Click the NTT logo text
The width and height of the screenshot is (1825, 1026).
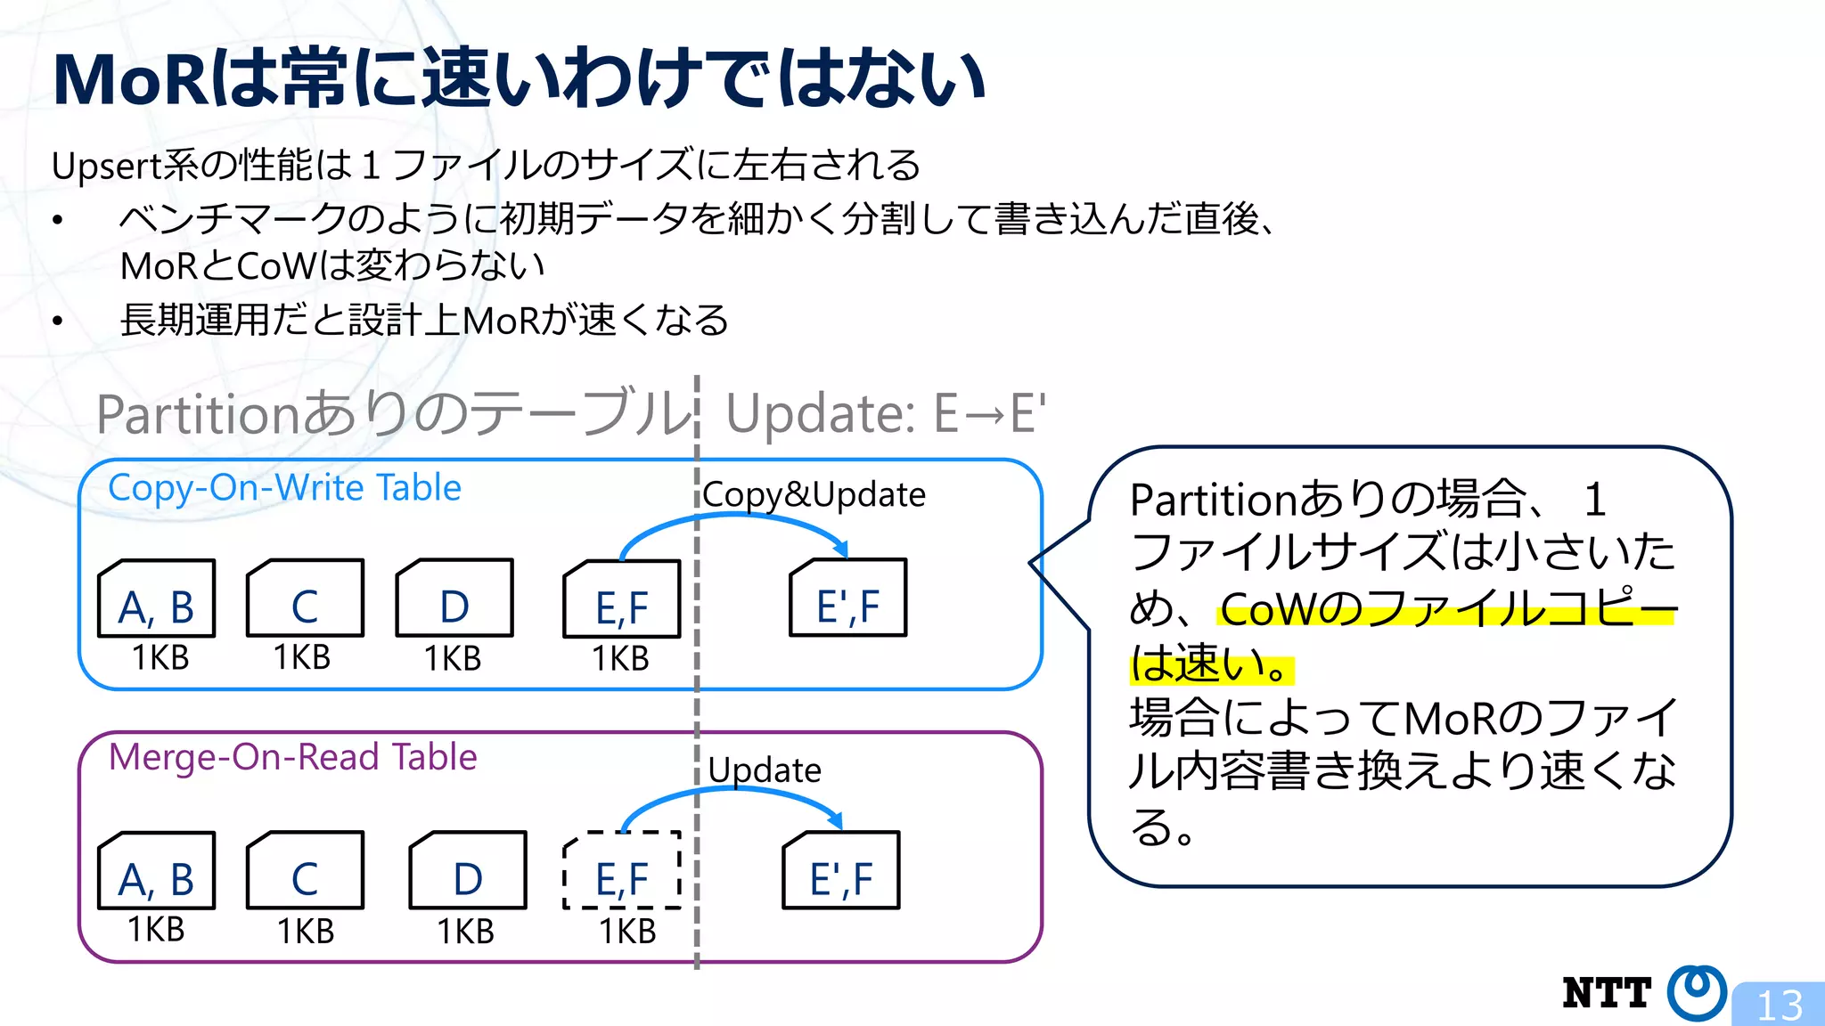pyautogui.click(x=1606, y=993)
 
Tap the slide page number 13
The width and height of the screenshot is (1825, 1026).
pyautogui.click(x=1780, y=1006)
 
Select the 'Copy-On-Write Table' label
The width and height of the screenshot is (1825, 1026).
pyautogui.click(x=284, y=488)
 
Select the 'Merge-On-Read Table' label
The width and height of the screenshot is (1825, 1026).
pyautogui.click(x=292, y=757)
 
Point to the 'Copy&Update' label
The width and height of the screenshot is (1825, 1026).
pyautogui.click(x=814, y=495)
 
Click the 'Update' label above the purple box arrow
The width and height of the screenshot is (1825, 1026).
pyautogui.click(x=765, y=770)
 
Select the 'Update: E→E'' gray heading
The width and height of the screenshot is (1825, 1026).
pyautogui.click(x=885, y=414)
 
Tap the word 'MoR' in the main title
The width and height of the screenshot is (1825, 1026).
pyautogui.click(x=130, y=80)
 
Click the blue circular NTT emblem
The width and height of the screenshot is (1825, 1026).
pyautogui.click(x=1696, y=992)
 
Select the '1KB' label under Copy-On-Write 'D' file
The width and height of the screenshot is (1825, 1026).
pyautogui.click(x=452, y=659)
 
